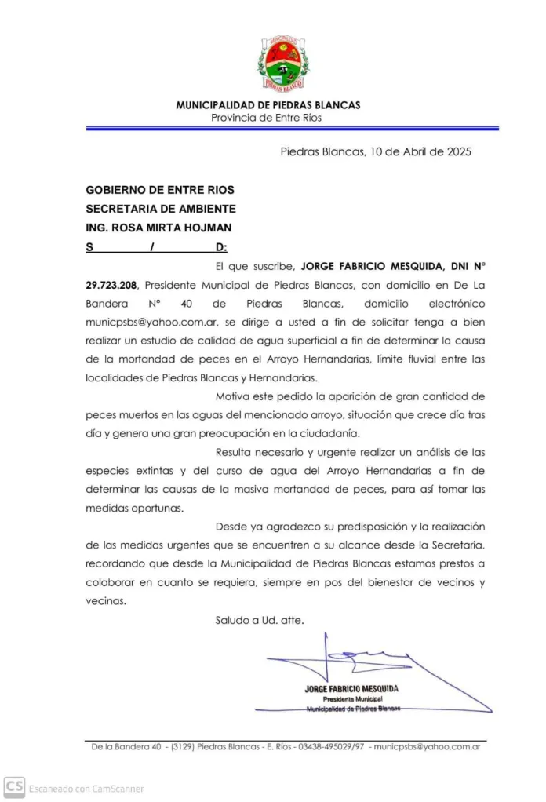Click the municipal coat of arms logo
click(282, 62)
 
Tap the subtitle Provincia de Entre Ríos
click(266, 118)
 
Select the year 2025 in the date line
click(457, 152)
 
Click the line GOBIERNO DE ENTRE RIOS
click(159, 190)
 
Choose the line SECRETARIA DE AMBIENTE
click(160, 209)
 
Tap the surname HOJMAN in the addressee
click(206, 228)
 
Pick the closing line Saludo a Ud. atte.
click(260, 620)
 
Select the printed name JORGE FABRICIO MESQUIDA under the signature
click(351, 689)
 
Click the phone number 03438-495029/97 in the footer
click(330, 747)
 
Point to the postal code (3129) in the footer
click(182, 747)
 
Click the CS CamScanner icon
click(14, 786)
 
